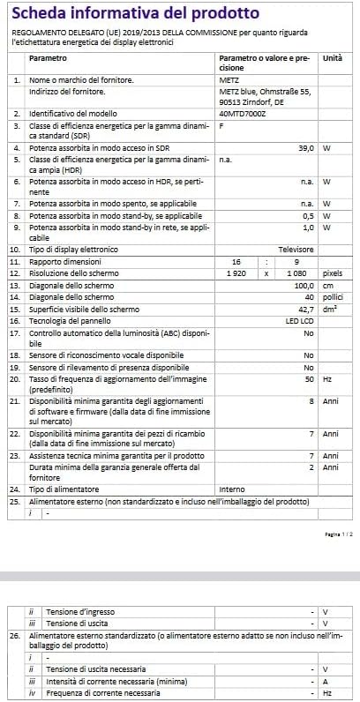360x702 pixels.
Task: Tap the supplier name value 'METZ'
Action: pos(229,79)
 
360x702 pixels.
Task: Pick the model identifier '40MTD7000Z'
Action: pos(240,114)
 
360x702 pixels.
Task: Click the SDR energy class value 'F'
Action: pos(221,126)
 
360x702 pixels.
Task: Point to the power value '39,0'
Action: pos(305,147)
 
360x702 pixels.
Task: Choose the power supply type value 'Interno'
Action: pos(232,488)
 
